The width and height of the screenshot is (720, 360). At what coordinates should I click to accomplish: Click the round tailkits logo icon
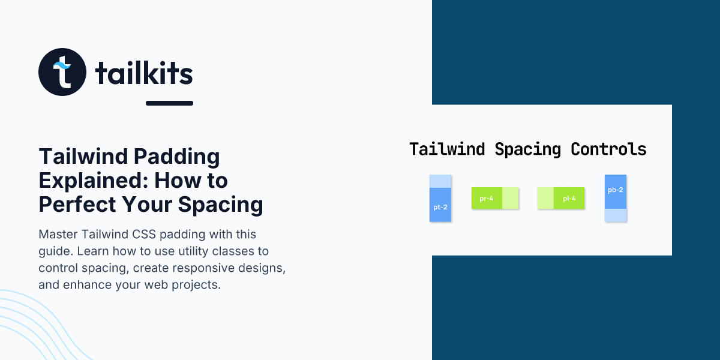coord(62,72)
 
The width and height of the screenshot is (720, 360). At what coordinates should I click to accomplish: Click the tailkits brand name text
coord(144,73)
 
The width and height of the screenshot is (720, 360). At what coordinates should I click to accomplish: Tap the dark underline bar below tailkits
coord(169,103)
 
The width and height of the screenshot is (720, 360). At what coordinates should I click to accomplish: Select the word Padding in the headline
coord(176,157)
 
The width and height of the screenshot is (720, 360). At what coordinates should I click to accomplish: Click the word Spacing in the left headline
coord(221,205)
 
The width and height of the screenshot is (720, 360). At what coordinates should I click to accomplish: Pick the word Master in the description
coord(58,235)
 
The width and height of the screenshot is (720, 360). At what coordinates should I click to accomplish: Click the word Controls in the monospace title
coord(608,149)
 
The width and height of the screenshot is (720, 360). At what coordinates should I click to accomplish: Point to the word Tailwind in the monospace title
coord(447,149)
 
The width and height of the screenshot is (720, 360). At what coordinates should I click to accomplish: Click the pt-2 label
coord(440,208)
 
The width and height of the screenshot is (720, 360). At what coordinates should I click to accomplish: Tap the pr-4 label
coord(487,199)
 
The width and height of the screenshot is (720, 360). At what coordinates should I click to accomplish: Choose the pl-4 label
coord(569,199)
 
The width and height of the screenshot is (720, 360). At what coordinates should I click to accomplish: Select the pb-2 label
coord(616,190)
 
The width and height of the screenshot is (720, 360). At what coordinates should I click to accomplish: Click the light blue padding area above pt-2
coord(440,181)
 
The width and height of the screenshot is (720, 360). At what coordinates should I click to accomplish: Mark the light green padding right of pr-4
coord(511,198)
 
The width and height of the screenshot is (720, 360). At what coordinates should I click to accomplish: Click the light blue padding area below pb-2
coord(616,215)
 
